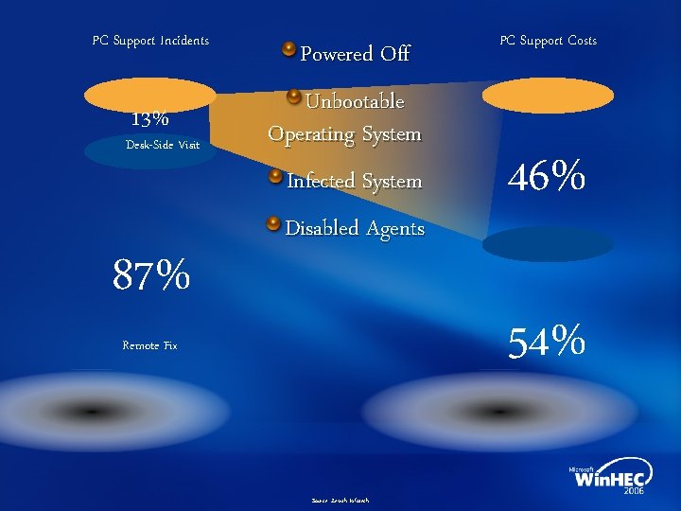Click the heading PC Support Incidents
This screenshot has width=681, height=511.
click(150, 41)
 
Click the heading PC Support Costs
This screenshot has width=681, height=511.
click(548, 41)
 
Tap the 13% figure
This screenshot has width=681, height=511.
click(150, 119)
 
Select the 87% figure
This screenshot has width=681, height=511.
click(151, 276)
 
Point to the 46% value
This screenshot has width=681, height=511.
click(547, 177)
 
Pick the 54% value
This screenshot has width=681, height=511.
click(547, 341)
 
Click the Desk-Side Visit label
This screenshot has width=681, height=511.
click(163, 145)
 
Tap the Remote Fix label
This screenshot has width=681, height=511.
click(149, 345)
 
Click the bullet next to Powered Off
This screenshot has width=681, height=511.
click(289, 48)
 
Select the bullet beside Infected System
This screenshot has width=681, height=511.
click(274, 176)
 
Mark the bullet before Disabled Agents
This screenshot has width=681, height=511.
click(273, 223)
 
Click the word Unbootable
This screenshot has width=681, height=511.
click(355, 101)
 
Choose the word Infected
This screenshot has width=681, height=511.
click(318, 180)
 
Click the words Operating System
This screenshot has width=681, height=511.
click(344, 134)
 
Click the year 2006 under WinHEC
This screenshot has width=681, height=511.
click(634, 493)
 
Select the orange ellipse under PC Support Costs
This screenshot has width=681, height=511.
click(548, 96)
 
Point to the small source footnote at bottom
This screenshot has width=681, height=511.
click(340, 500)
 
